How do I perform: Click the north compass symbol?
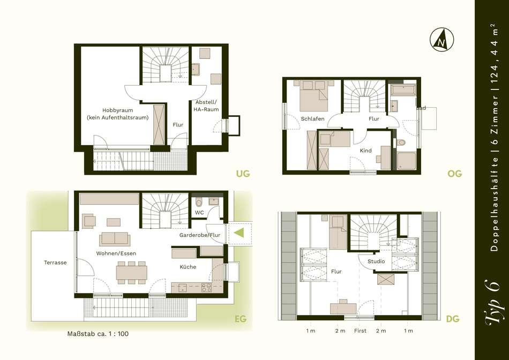tap(441, 40)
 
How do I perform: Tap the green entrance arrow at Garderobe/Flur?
tap(239, 232)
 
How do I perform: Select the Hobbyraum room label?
tap(117, 110)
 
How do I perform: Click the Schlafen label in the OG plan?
tap(312, 119)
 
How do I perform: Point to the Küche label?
tap(188, 267)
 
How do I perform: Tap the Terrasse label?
tap(56, 262)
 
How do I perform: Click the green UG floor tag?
tap(243, 174)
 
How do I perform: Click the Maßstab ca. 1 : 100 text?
tap(98, 334)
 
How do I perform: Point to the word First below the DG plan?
tap(361, 331)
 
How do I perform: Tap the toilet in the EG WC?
tap(199, 202)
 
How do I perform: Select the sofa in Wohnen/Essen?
tap(115, 239)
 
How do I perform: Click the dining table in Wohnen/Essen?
tap(131, 273)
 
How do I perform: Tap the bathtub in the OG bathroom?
tap(403, 90)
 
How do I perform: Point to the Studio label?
tap(376, 261)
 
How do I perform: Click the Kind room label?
tap(366, 151)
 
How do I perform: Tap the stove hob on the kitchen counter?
tap(206, 287)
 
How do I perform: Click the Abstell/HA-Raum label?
tap(206, 106)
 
